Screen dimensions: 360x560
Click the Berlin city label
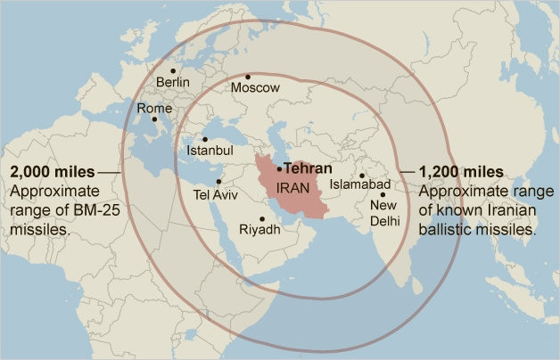pos(173,83)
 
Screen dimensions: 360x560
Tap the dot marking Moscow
pos(248,77)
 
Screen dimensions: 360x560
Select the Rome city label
pos(153,108)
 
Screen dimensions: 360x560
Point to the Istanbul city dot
pos(205,139)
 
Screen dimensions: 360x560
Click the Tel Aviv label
pos(214,193)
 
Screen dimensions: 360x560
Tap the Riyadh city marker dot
pos(262,219)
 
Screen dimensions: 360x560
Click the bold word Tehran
pos(308,168)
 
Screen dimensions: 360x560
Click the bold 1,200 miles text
pos(460,171)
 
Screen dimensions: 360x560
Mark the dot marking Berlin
pos(173,70)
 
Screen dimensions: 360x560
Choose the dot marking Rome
pos(153,119)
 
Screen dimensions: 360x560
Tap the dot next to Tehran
pos(279,168)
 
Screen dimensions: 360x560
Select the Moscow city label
pos(255,88)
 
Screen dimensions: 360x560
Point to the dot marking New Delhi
pos(383,194)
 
